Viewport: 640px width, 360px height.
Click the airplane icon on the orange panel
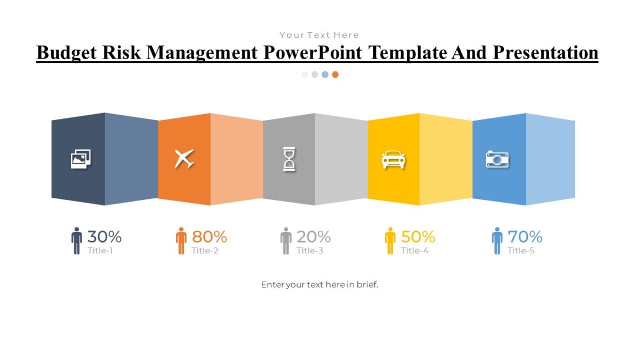pyautogui.click(x=184, y=159)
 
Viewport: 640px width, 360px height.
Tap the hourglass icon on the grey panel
pyautogui.click(x=289, y=159)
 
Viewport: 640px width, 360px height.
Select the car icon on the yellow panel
pyautogui.click(x=394, y=159)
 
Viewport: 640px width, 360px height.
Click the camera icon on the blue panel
pyautogui.click(x=497, y=159)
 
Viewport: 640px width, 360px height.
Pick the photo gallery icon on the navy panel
pyautogui.click(x=81, y=158)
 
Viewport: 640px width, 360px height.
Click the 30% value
pyautogui.click(x=105, y=236)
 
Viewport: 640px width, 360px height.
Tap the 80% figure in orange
pyautogui.click(x=209, y=236)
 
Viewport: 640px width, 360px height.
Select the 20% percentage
pyautogui.click(x=314, y=236)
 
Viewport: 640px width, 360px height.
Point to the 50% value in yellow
pyautogui.click(x=418, y=236)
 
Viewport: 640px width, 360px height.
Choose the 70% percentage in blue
pyautogui.click(x=525, y=236)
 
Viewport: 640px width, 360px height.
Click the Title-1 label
pyautogui.click(x=100, y=251)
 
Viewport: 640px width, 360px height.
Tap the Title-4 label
pyautogui.click(x=415, y=251)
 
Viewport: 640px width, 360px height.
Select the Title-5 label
pyautogui.click(x=521, y=251)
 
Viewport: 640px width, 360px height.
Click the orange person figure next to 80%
pyautogui.click(x=181, y=241)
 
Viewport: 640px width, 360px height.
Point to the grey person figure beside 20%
pyautogui.click(x=286, y=241)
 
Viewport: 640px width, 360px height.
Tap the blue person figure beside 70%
pyautogui.click(x=497, y=241)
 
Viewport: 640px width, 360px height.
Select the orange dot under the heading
pyautogui.click(x=335, y=75)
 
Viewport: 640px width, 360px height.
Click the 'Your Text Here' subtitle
pyautogui.click(x=319, y=35)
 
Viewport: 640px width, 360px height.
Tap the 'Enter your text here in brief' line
pyautogui.click(x=319, y=285)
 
